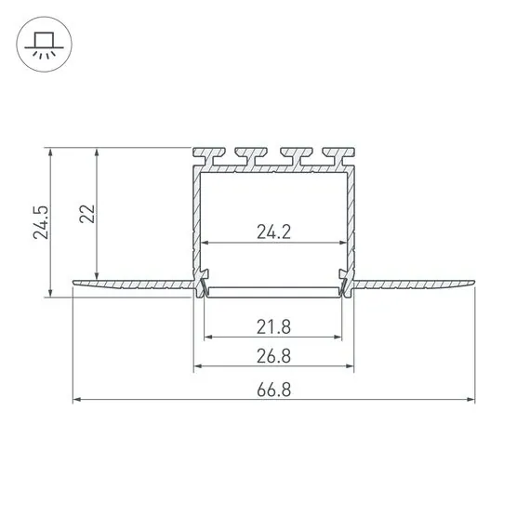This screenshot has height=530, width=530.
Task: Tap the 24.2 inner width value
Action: [274, 232]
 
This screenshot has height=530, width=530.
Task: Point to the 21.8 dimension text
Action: [274, 326]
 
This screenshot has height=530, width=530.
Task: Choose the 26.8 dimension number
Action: [274, 356]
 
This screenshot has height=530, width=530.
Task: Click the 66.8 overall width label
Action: [274, 391]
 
